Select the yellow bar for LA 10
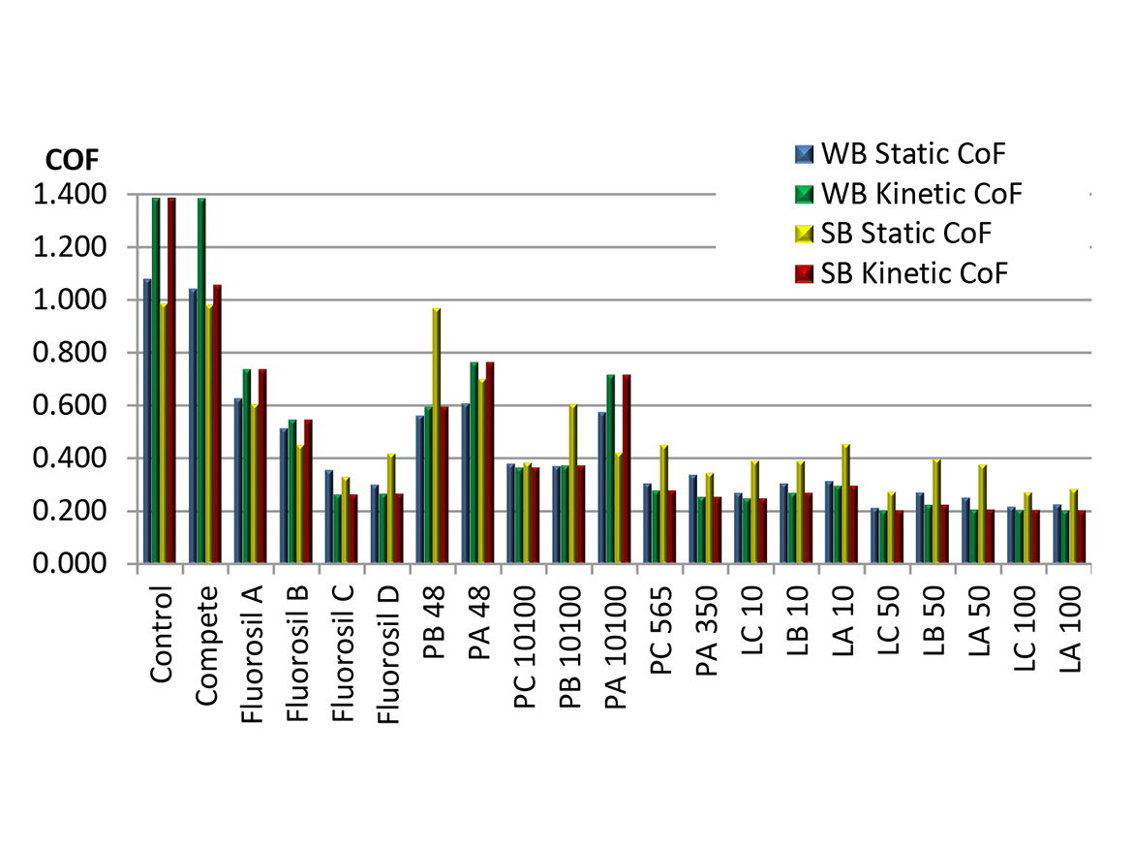pos(844,503)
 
